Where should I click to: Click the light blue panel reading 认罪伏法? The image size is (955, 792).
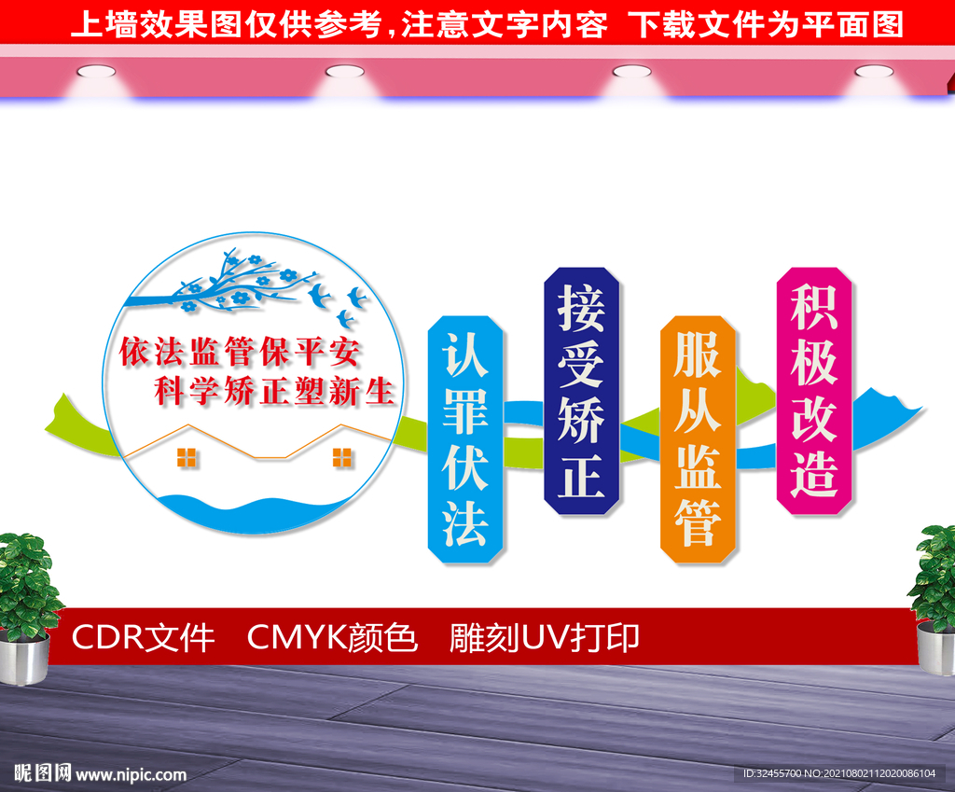point(465,438)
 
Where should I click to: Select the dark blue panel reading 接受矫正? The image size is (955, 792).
point(582,391)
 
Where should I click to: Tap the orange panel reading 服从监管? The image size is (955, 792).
point(699,439)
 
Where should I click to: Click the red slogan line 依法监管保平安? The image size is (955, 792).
point(240,352)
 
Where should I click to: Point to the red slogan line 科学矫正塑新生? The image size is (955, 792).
point(274,391)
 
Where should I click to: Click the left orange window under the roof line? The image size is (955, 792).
point(187,457)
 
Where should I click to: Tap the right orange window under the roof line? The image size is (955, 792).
point(342,457)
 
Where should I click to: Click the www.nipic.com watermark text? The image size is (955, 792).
point(131,774)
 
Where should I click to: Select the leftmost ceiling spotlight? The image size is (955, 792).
point(90,71)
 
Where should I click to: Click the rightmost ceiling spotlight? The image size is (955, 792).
point(874,71)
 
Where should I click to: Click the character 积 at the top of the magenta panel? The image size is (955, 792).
point(814,308)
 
